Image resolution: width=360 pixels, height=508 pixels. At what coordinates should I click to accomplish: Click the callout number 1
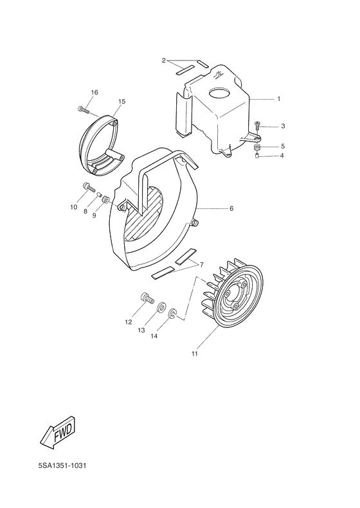pyautogui.click(x=278, y=99)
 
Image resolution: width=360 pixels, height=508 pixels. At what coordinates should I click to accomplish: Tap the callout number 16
pyautogui.click(x=94, y=93)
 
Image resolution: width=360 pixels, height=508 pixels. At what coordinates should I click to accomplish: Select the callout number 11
pyautogui.click(x=194, y=353)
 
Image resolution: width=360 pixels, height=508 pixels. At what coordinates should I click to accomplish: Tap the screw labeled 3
pyautogui.click(x=257, y=125)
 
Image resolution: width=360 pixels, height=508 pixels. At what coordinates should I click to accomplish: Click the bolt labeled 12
pyautogui.click(x=147, y=298)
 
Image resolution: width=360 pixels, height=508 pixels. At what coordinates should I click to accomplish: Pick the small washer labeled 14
pyautogui.click(x=172, y=314)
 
